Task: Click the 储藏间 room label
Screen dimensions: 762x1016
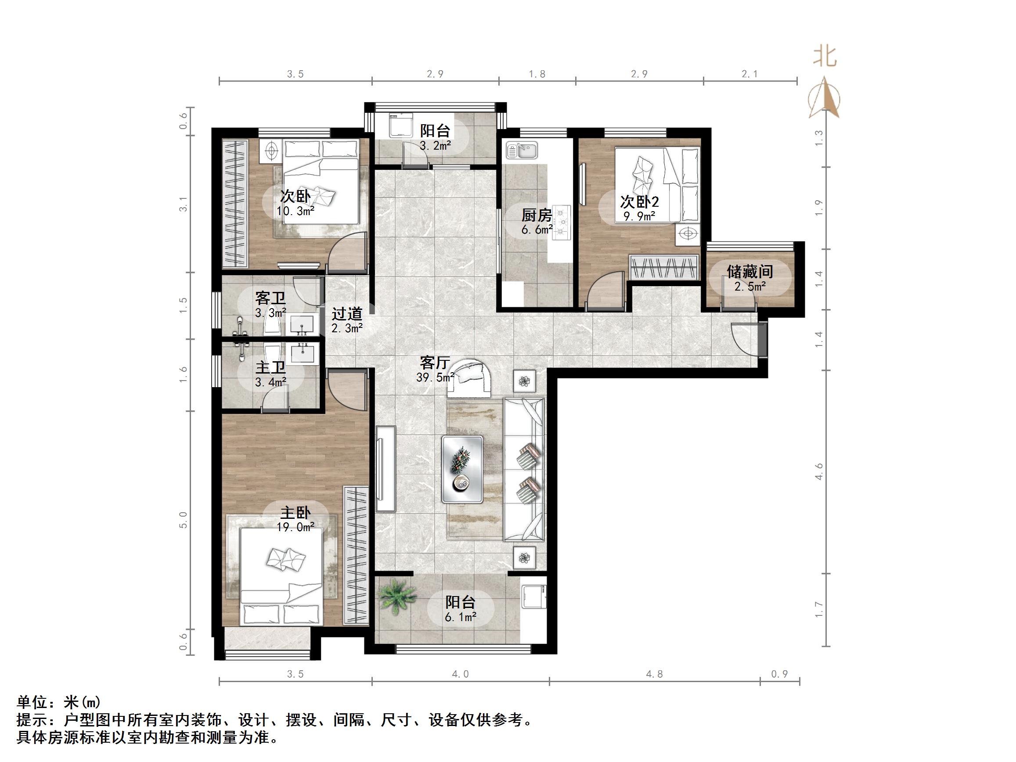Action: [749, 277]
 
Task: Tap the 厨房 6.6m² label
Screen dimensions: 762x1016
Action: [536, 221]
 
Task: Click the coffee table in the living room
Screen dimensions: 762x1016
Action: [462, 468]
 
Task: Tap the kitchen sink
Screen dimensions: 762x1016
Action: [522, 151]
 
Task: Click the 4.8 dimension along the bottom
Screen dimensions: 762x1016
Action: [654, 674]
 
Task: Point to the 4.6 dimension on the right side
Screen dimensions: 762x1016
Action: [819, 472]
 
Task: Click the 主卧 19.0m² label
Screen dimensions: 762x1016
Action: [295, 519]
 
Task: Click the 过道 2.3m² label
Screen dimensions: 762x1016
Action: [347, 320]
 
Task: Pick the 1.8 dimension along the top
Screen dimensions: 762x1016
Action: [537, 74]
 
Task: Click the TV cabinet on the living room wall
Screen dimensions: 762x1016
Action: [386, 468]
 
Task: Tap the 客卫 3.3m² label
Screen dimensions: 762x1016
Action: [271, 305]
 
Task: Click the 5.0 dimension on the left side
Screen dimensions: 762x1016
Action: [183, 520]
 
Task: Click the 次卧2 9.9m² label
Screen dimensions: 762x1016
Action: [639, 208]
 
